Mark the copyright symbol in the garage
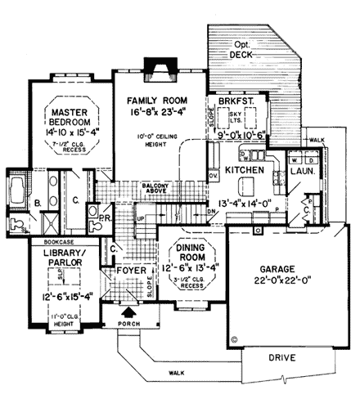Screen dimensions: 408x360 tap(235, 335)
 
